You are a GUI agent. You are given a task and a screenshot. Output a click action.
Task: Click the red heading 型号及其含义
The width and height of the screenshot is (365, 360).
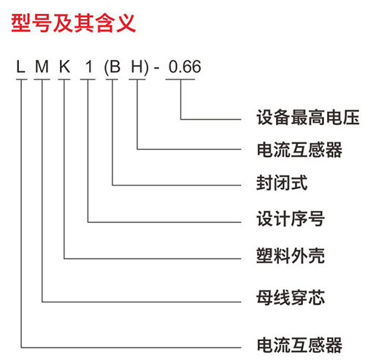click(74, 23)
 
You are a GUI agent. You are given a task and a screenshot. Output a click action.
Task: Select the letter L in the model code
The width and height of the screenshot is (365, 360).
click(20, 66)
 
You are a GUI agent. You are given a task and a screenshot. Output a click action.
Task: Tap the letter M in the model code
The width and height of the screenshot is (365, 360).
click(42, 66)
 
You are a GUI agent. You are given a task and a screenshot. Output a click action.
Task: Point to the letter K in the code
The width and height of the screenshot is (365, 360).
click(65, 66)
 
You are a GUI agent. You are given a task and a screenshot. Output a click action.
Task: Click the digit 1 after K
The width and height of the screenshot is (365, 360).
click(89, 66)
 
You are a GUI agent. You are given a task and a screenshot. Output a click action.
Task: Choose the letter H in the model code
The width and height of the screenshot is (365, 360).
click(137, 66)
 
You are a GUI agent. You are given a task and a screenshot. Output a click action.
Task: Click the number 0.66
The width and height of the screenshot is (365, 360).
click(185, 66)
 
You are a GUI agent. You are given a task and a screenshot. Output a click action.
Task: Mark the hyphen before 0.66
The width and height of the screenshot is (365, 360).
click(156, 69)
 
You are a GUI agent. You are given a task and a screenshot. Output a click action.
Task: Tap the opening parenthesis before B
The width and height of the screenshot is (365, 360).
click(106, 68)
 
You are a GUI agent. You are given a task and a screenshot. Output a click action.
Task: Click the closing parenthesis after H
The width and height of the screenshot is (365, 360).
click(146, 68)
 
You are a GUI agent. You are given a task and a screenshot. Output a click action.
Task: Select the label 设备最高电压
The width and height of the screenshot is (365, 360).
click(308, 118)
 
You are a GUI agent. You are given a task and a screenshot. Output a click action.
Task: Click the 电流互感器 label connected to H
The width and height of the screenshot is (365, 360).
click(299, 150)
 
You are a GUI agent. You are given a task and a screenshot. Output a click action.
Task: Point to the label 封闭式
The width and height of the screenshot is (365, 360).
click(282, 183)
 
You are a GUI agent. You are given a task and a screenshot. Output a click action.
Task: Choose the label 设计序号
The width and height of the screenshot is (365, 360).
click(291, 218)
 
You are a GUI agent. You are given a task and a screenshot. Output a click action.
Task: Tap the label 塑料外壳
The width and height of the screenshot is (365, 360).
click(291, 256)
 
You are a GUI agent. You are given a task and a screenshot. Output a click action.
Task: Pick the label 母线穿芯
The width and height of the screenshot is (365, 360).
click(291, 297)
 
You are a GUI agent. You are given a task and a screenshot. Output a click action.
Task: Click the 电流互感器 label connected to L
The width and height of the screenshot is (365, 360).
click(299, 345)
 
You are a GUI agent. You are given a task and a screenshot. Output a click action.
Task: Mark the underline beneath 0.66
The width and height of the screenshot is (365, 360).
click(180, 80)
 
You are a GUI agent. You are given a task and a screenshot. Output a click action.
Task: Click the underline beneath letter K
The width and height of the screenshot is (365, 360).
click(64, 80)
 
